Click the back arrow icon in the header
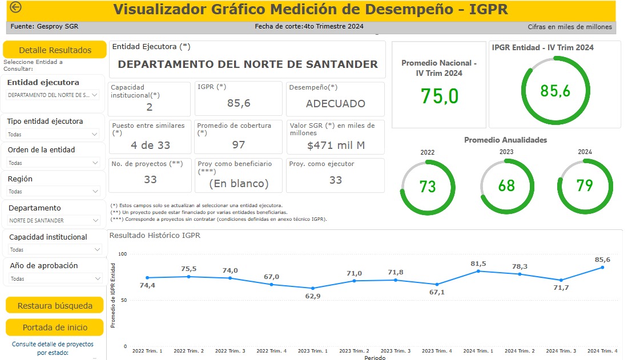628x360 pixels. pos(15,7)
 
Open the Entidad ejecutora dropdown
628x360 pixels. pos(53,95)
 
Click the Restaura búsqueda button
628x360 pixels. pos(55,305)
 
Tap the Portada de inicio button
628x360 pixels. pos(55,327)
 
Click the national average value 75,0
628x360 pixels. pos(439,96)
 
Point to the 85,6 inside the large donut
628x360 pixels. pos(555,90)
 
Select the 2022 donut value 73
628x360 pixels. pos(428,186)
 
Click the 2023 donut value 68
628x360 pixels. pos(506,186)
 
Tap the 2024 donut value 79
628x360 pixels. pos(585,186)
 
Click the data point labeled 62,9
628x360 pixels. pos(312,288)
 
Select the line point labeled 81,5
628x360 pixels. pos(478,270)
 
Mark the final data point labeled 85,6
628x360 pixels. pos(602,267)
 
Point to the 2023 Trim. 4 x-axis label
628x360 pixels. pos(437,351)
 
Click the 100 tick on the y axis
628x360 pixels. pos(122,254)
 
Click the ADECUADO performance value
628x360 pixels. pos(335,104)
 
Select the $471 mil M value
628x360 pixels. pos(335,145)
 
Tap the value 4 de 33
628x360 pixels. pos(150,145)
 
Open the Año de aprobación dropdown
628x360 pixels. pos(55,279)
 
